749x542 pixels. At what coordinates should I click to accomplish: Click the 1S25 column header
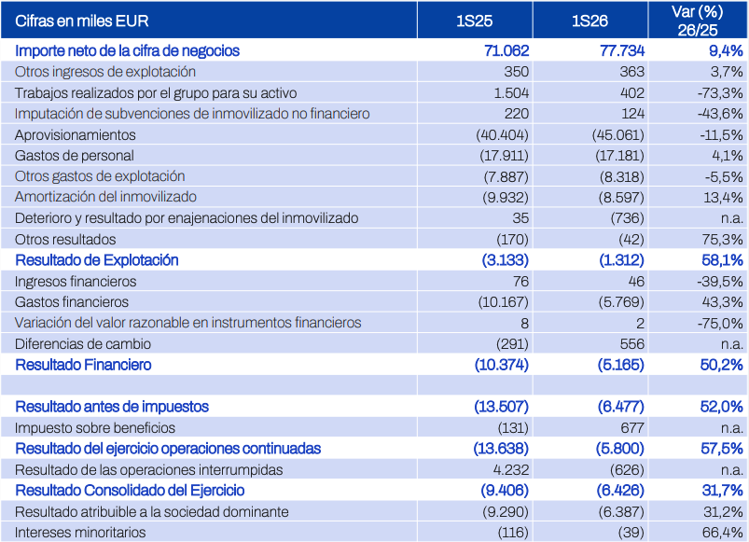(475, 21)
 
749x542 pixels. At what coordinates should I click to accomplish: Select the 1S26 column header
(589, 21)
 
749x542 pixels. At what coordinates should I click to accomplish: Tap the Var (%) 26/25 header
(698, 21)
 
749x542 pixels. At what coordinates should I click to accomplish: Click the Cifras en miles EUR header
(82, 21)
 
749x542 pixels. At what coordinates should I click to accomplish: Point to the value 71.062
(506, 50)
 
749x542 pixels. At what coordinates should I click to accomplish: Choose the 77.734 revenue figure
(622, 50)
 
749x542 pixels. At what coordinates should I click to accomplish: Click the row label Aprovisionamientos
(75, 135)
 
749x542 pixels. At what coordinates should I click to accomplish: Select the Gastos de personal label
(74, 156)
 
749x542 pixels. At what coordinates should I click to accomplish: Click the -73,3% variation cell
(720, 92)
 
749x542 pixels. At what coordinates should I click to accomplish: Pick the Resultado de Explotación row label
(97, 260)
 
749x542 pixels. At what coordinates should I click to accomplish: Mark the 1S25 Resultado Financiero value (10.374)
(502, 365)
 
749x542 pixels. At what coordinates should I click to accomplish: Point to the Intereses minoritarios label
(80, 533)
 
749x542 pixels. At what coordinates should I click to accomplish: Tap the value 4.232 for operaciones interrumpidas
(510, 470)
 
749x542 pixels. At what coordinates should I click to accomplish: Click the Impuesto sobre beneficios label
(95, 428)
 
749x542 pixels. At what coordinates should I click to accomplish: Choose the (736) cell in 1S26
(627, 218)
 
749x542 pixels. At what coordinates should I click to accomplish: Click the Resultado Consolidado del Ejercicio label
(130, 491)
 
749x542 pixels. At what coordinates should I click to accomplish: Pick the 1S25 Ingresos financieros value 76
(520, 282)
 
